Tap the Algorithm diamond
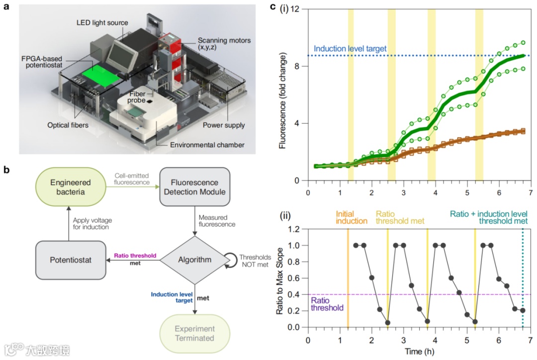[x=195, y=259]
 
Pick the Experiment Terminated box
[x=195, y=334]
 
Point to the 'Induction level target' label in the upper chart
[x=351, y=49]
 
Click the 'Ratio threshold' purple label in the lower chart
[x=327, y=304]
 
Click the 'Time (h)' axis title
[x=419, y=352]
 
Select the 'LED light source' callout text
[x=102, y=23]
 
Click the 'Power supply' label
[x=223, y=125]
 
